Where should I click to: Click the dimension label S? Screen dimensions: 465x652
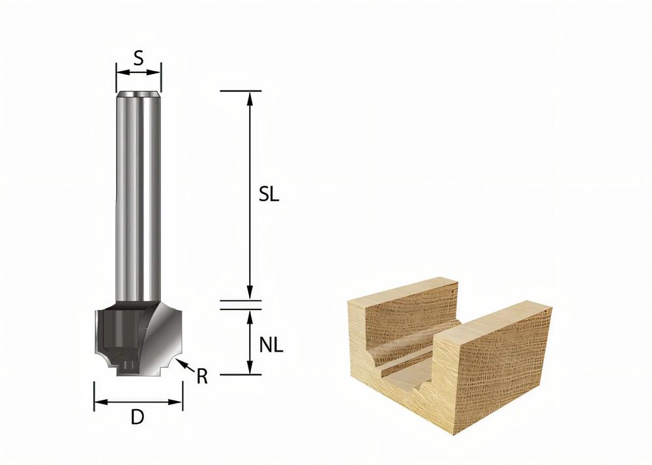coord(138,59)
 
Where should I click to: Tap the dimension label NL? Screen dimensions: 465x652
coord(271,346)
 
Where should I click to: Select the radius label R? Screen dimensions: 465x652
coord(202,376)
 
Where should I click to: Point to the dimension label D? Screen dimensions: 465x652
coord(137,417)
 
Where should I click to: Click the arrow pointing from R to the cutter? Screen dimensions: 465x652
coord(185,364)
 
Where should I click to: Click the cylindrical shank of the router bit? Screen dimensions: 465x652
coord(138,195)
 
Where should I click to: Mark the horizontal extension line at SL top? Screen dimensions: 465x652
coord(241,91)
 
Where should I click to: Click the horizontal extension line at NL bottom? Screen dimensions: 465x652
coord(241,374)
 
